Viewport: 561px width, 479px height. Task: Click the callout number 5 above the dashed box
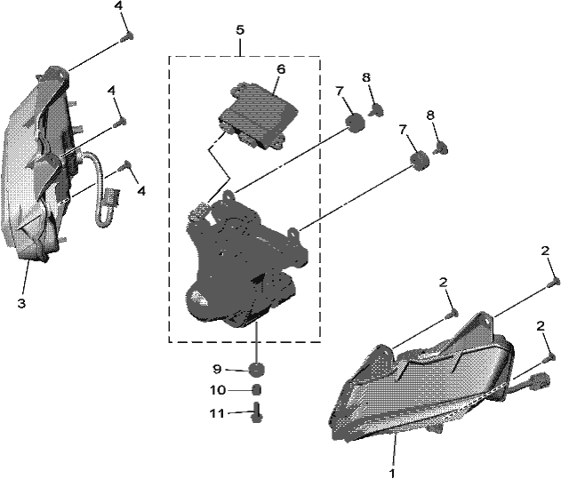click(240, 30)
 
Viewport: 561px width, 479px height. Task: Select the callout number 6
click(281, 69)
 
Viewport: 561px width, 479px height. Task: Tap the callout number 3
click(22, 304)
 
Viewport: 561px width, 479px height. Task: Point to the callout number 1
click(392, 473)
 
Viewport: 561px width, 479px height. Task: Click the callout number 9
click(217, 369)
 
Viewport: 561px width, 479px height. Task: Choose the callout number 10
click(218, 390)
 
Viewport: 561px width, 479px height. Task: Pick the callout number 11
click(217, 413)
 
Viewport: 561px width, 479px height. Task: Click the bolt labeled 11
click(257, 412)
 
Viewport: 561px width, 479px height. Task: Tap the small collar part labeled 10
click(257, 390)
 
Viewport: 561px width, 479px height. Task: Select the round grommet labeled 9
click(257, 369)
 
